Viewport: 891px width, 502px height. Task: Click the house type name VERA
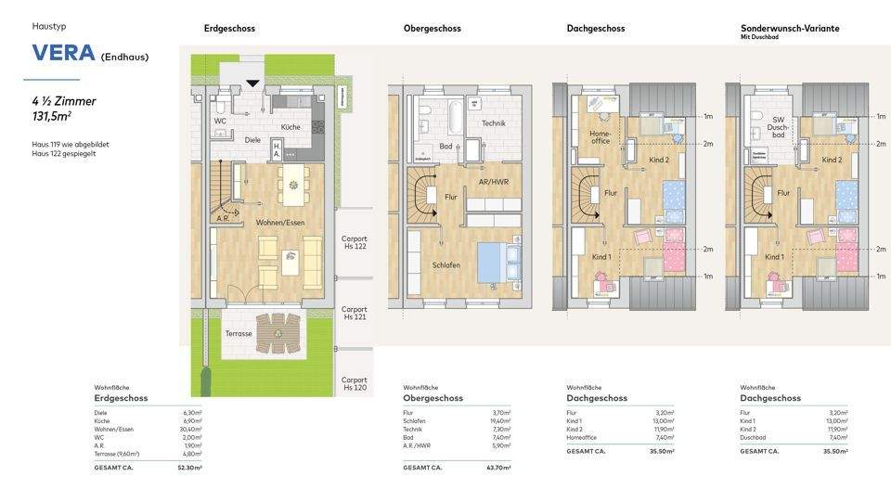coord(63,53)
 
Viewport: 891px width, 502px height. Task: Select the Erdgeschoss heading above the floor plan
coord(229,29)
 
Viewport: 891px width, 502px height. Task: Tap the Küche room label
coord(291,126)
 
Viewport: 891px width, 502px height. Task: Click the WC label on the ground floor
coord(220,121)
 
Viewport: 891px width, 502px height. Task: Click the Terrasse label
coord(238,333)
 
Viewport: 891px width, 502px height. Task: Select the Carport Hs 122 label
coord(354,241)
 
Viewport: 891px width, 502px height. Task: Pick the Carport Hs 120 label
coord(354,384)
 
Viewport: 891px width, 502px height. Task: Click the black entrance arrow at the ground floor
coord(252,84)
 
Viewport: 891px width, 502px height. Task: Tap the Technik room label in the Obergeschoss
coord(493,123)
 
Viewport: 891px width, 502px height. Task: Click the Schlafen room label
coord(445,265)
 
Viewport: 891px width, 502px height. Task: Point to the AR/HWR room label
coord(493,182)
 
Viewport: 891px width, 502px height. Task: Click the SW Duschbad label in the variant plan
coord(777,129)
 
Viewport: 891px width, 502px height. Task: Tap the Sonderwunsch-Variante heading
coord(789,29)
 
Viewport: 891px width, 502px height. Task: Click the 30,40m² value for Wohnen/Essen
coord(192,429)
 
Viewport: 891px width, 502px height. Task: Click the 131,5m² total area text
coord(51,117)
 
